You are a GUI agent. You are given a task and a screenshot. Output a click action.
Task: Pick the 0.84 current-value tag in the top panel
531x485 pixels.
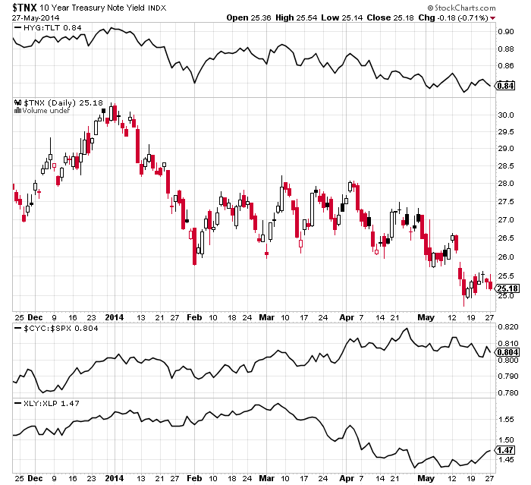point(505,86)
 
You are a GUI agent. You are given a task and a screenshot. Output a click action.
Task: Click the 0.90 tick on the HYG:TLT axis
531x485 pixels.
point(505,33)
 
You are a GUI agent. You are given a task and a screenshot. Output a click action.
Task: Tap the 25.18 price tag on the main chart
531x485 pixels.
point(506,288)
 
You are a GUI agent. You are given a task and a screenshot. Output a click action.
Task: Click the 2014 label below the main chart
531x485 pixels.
point(114,317)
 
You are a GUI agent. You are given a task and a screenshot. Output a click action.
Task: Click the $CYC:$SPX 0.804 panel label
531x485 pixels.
point(50,329)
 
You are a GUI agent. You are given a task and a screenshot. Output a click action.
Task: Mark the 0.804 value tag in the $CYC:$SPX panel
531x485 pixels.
point(507,352)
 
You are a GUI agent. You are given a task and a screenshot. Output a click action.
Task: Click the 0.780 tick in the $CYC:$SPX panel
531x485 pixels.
point(507,392)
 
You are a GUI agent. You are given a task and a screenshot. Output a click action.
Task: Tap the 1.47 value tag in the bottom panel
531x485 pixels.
point(505,450)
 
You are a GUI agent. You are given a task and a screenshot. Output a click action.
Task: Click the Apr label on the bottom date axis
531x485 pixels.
point(347,479)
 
